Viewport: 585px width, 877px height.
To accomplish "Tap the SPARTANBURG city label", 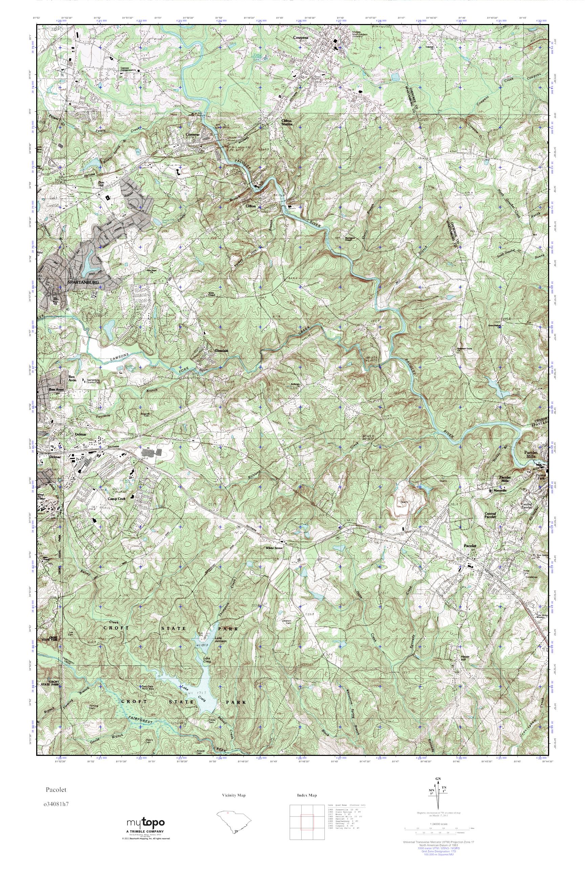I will pos(83,283).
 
